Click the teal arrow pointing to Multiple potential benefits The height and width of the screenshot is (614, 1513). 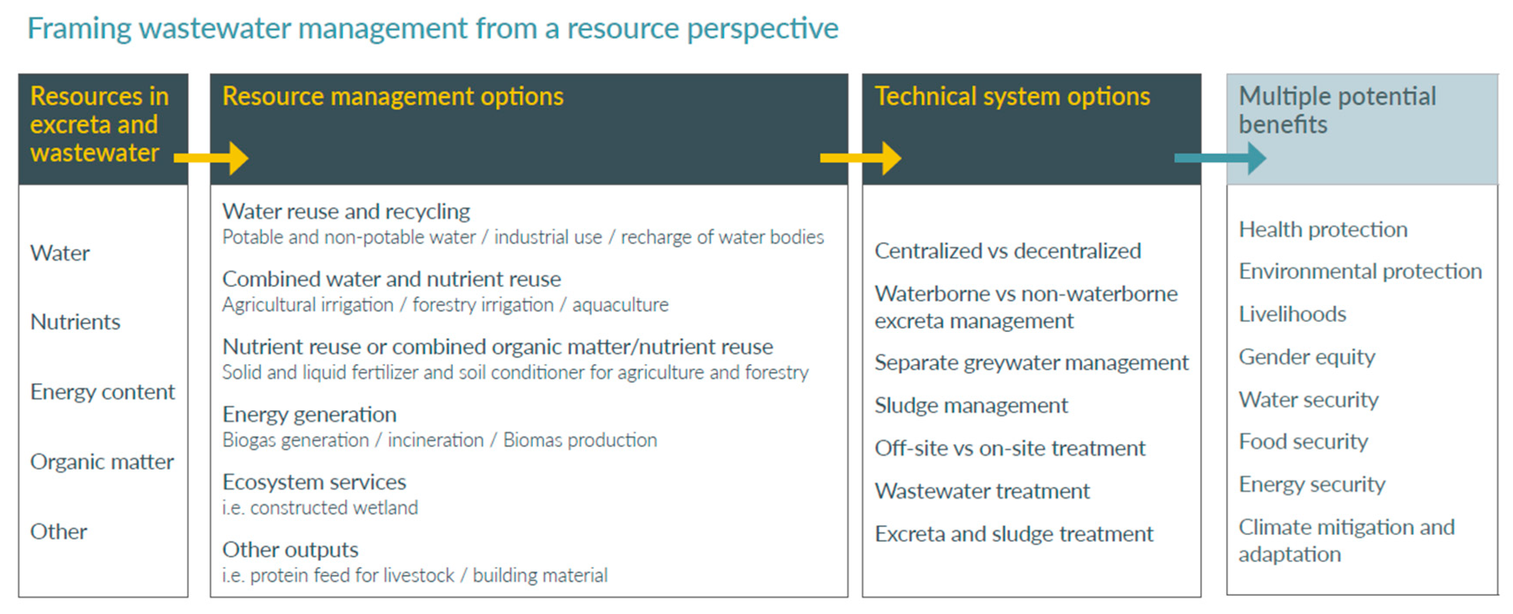pos(1220,158)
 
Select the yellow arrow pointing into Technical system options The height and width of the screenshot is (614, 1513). pos(860,158)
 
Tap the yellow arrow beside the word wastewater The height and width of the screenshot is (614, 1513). pos(211,158)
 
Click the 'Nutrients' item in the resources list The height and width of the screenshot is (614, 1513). pos(75,322)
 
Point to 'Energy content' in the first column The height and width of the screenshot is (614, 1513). pos(103,392)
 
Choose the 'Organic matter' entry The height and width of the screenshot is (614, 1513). pos(102,462)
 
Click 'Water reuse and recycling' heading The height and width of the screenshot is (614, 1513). pos(346,212)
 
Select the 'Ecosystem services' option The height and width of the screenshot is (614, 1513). pos(314,482)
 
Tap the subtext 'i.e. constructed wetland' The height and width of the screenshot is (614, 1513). pos(320,508)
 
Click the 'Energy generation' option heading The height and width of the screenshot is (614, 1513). pos(309,415)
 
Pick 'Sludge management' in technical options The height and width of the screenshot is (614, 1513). pos(971,405)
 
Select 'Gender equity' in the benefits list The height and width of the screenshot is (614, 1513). pos(1307,357)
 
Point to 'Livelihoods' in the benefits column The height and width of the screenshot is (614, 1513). pos(1292,314)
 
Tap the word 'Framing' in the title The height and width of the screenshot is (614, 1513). pos(79,29)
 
